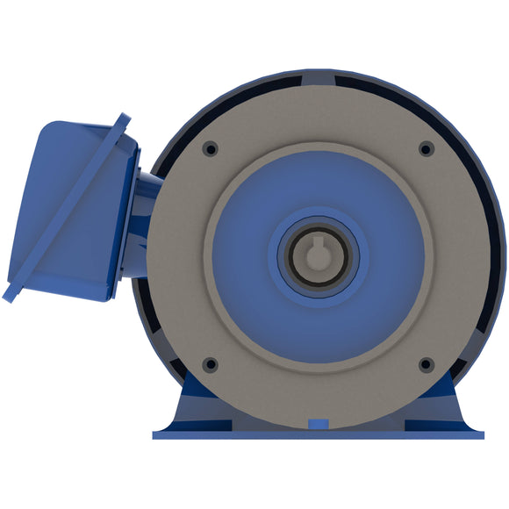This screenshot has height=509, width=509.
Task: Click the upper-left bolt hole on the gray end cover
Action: [210, 148]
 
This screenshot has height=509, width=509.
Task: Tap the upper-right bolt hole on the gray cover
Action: [426, 148]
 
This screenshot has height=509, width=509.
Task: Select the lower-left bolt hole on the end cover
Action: [210, 363]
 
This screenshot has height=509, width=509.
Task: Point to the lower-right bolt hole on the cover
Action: [426, 363]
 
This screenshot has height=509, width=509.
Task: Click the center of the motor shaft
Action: [317, 256]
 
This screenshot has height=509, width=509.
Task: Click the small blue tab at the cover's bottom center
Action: [318, 425]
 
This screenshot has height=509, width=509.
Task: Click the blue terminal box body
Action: [66, 211]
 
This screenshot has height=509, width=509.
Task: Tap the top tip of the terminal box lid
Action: [125, 118]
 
